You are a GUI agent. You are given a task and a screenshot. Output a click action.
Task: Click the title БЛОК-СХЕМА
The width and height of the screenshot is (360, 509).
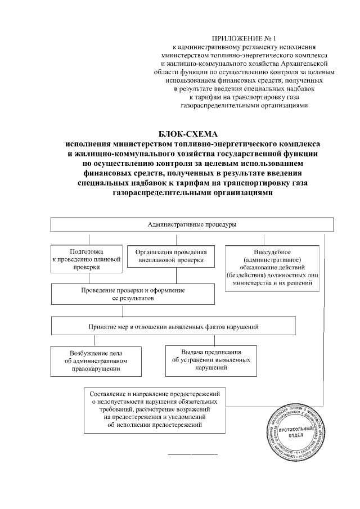(192, 133)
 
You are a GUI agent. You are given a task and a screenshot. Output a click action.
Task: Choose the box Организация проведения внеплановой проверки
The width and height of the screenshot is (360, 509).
(172, 256)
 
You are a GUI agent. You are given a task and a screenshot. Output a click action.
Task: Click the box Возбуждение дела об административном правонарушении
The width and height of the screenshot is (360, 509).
(96, 361)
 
